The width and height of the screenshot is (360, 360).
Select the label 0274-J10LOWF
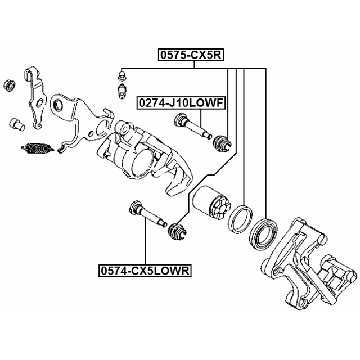pos(181,103)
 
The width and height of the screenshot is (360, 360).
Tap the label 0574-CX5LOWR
pos(145,271)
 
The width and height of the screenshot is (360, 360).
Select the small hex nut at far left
pos(9,86)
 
